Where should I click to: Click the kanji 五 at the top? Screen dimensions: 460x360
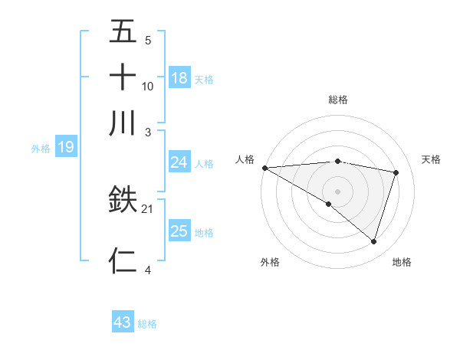pos(123,33)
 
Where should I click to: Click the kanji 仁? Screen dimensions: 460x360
pos(123,260)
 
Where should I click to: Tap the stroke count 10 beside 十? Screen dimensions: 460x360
pos(148,86)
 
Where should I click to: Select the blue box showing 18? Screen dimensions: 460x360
pos(179,77)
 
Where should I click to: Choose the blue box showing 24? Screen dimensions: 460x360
pos(179,162)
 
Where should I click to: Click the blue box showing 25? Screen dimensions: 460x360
pos(179,231)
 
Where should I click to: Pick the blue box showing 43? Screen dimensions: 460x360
pos(123,322)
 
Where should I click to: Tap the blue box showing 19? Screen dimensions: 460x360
pos(66,147)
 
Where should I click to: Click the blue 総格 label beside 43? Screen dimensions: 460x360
pos(147,324)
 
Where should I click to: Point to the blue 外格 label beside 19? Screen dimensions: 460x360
pos(41,149)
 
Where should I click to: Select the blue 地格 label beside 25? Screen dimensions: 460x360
pos(204,233)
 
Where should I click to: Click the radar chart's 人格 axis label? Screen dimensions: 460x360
pos(245,159)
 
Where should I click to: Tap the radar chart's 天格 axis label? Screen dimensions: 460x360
pos(431,159)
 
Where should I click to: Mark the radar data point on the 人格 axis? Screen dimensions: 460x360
pos(264,168)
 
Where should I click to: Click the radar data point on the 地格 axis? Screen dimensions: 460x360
pos(373,241)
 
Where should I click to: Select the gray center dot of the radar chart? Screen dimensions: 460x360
pos(337,190)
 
